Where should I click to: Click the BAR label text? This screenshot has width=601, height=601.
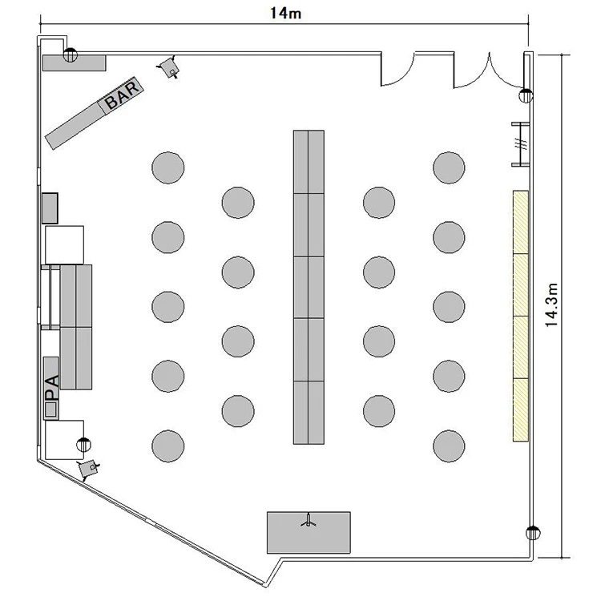point(123,95)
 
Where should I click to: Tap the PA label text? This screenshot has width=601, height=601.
point(52,388)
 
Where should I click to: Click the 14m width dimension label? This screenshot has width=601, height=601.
point(285,14)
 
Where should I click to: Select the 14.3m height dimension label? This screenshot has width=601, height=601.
point(551,305)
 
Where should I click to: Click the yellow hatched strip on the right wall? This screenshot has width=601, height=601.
point(521,316)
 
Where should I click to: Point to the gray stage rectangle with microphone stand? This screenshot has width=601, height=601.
point(309,532)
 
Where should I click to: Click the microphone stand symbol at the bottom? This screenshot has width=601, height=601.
point(309,521)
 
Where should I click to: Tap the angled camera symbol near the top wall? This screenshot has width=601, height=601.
point(169,67)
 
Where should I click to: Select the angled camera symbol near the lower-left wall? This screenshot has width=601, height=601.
point(88,469)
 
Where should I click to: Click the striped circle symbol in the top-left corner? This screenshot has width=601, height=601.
point(71,55)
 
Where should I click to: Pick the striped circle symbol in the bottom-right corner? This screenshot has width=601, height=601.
point(533,533)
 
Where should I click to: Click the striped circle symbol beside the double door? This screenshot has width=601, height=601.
point(526,95)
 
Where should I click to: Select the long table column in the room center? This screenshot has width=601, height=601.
point(309,287)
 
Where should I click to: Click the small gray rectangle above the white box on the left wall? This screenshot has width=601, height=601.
point(50,208)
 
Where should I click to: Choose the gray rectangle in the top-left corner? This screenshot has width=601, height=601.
point(74,63)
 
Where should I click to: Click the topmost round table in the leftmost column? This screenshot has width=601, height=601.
point(168,167)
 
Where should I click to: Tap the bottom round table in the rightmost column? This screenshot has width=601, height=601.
point(449,446)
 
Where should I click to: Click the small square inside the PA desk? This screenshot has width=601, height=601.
point(51,409)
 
